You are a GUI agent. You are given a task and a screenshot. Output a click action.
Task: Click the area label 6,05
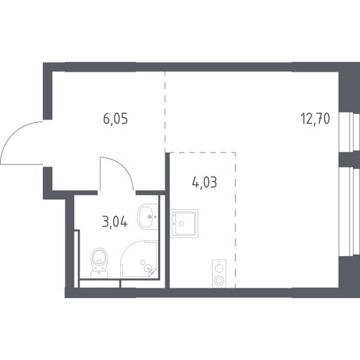pyautogui.click(x=115, y=119)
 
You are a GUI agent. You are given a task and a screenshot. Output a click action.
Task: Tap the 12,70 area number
pyautogui.click(x=315, y=119)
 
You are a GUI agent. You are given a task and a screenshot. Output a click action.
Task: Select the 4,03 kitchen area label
pyautogui.click(x=205, y=182)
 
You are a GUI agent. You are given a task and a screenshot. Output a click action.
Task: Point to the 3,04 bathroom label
pyautogui.click(x=115, y=221)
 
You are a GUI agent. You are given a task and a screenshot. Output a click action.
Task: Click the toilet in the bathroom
pyautogui.click(x=99, y=263)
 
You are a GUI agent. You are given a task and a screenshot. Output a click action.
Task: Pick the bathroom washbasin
pyautogui.click(x=148, y=217)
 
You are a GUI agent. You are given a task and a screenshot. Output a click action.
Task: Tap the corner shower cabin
pyautogui.click(x=139, y=259)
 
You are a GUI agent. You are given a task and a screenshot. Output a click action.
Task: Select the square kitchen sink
pyautogui.click(x=184, y=224)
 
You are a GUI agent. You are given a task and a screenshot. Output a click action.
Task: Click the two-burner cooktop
pyautogui.click(x=219, y=274)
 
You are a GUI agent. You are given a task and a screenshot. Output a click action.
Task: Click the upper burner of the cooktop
pyautogui.click(x=219, y=268)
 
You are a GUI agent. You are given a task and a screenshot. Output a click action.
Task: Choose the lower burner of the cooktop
pyautogui.click(x=219, y=280)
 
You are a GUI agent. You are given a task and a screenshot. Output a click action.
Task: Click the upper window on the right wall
pyautogui.click(x=349, y=131)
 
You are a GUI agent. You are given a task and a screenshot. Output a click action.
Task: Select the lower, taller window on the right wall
pyautogui.click(x=349, y=212)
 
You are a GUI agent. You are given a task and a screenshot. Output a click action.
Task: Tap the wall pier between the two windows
pyautogui.click(x=349, y=159)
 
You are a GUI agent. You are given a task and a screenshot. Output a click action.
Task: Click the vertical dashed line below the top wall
pyautogui.click(x=165, y=111)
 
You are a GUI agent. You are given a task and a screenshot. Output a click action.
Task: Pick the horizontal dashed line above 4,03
pyautogui.click(x=202, y=153)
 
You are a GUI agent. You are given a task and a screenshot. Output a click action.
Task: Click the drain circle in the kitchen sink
pyautogui.click(x=181, y=224)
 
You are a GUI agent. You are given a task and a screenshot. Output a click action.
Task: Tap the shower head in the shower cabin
pyautogui.click(x=149, y=269)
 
